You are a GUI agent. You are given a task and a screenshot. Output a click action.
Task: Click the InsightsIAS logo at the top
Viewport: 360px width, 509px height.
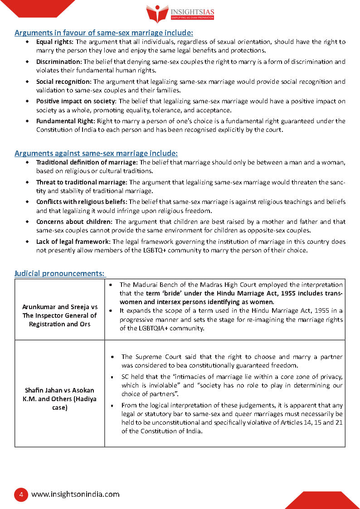click(x=180, y=14)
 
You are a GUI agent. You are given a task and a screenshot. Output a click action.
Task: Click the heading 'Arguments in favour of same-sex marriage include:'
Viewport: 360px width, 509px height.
click(x=104, y=33)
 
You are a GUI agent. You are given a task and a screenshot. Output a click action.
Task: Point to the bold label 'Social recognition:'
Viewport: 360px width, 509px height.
click(x=64, y=82)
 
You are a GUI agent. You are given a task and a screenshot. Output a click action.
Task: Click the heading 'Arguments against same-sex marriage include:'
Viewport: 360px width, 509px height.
click(x=96, y=153)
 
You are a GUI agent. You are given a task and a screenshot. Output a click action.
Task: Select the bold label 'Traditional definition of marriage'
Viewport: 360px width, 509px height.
click(x=86, y=162)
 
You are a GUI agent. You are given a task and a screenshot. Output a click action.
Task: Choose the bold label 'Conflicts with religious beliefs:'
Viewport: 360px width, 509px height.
click(x=82, y=202)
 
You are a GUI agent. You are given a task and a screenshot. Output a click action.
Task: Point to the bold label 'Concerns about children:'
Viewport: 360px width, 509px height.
click(x=74, y=222)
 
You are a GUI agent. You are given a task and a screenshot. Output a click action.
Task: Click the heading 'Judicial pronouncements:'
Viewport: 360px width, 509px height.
click(x=59, y=273)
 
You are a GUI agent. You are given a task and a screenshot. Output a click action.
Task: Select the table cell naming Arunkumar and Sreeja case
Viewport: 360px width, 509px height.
click(x=60, y=315)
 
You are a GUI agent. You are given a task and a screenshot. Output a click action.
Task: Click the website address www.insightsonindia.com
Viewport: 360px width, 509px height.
click(x=75, y=494)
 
